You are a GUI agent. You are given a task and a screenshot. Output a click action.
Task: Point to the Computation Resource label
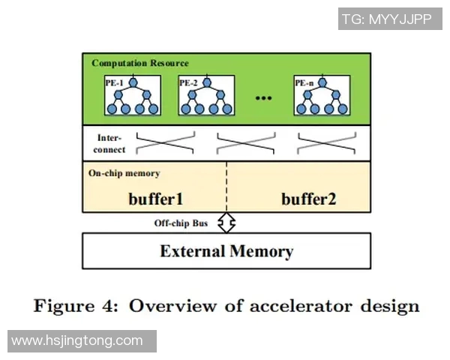pyautogui.click(x=140, y=63)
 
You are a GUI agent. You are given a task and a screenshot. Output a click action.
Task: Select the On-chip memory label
pyautogui.click(x=124, y=173)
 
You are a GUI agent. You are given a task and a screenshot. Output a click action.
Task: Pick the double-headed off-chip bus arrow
pyautogui.click(x=226, y=223)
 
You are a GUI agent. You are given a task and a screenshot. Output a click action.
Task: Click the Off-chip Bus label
pyautogui.click(x=181, y=223)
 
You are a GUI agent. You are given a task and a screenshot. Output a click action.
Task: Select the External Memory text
pyautogui.click(x=226, y=250)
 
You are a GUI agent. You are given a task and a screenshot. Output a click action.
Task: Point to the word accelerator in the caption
pyautogui.click(x=307, y=306)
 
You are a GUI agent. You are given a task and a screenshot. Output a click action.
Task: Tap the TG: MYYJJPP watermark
pyautogui.click(x=386, y=19)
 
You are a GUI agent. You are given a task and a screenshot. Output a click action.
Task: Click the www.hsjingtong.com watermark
pyautogui.click(x=77, y=341)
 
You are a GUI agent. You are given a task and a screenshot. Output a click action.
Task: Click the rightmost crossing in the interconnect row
pyautogui.click(x=327, y=143)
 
